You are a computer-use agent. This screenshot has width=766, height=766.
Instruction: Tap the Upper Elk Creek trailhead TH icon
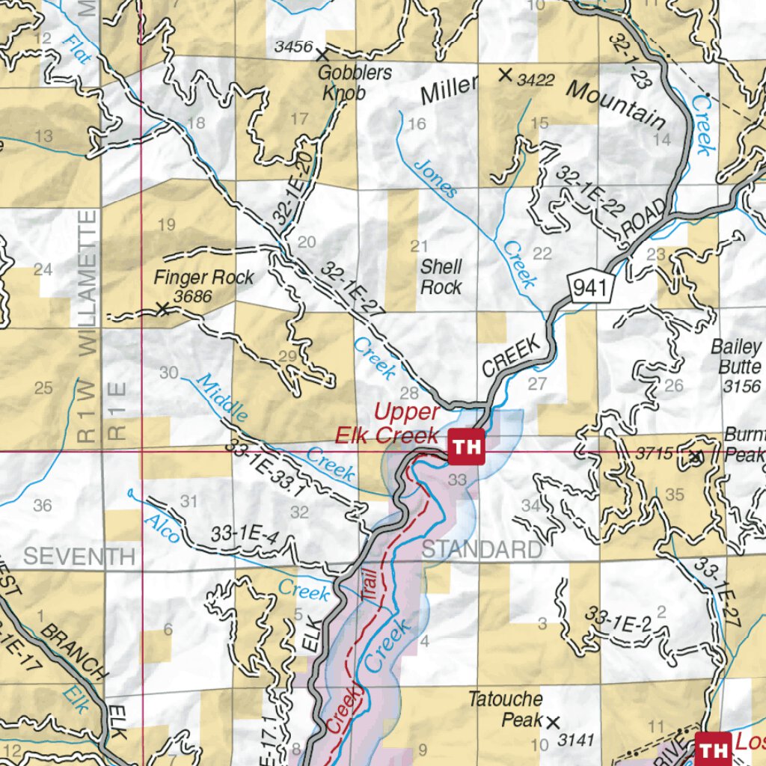click(467, 448)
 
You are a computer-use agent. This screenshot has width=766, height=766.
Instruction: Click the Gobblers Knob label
click(344, 83)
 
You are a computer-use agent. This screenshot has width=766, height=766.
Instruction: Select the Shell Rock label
click(441, 277)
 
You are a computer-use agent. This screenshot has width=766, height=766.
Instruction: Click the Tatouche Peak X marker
click(553, 722)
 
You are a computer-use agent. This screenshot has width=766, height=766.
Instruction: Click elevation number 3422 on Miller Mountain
click(536, 79)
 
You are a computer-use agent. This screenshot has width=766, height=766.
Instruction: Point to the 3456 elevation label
click(293, 47)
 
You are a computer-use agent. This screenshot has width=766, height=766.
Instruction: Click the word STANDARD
click(482, 550)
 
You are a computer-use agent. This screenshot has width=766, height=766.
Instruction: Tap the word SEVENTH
click(79, 557)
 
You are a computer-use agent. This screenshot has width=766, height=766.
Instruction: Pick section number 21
click(419, 246)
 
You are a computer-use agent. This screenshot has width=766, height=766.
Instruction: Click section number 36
click(43, 506)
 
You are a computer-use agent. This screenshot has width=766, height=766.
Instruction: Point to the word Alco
click(162, 528)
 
